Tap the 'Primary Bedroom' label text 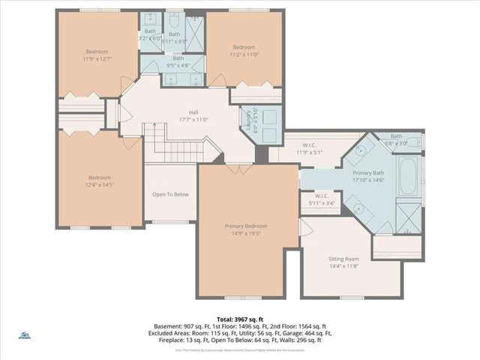tap(246, 226)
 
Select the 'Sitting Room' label tap(344, 259)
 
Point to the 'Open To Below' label tap(170, 194)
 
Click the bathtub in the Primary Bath tap(409, 176)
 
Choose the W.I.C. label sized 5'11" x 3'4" tap(322, 196)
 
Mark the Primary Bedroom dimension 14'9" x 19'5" tap(246, 234)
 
